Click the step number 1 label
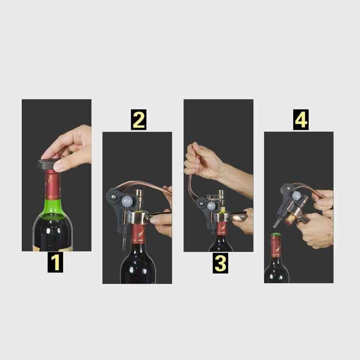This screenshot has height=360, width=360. (55, 263)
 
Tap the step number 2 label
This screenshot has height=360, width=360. (139, 120)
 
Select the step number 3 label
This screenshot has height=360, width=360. (220, 263)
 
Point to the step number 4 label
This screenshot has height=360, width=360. (301, 120)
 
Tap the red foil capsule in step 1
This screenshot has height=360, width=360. (52, 184)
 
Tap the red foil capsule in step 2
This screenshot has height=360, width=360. (138, 234)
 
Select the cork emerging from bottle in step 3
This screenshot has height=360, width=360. (222, 209)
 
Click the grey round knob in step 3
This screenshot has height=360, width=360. (212, 205)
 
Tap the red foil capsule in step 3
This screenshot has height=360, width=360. (221, 228)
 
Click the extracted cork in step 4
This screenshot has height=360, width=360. (290, 219)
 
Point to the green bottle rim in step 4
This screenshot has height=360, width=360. (276, 235)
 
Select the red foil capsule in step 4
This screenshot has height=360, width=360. (276, 247)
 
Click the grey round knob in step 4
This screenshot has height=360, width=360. (297, 196)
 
